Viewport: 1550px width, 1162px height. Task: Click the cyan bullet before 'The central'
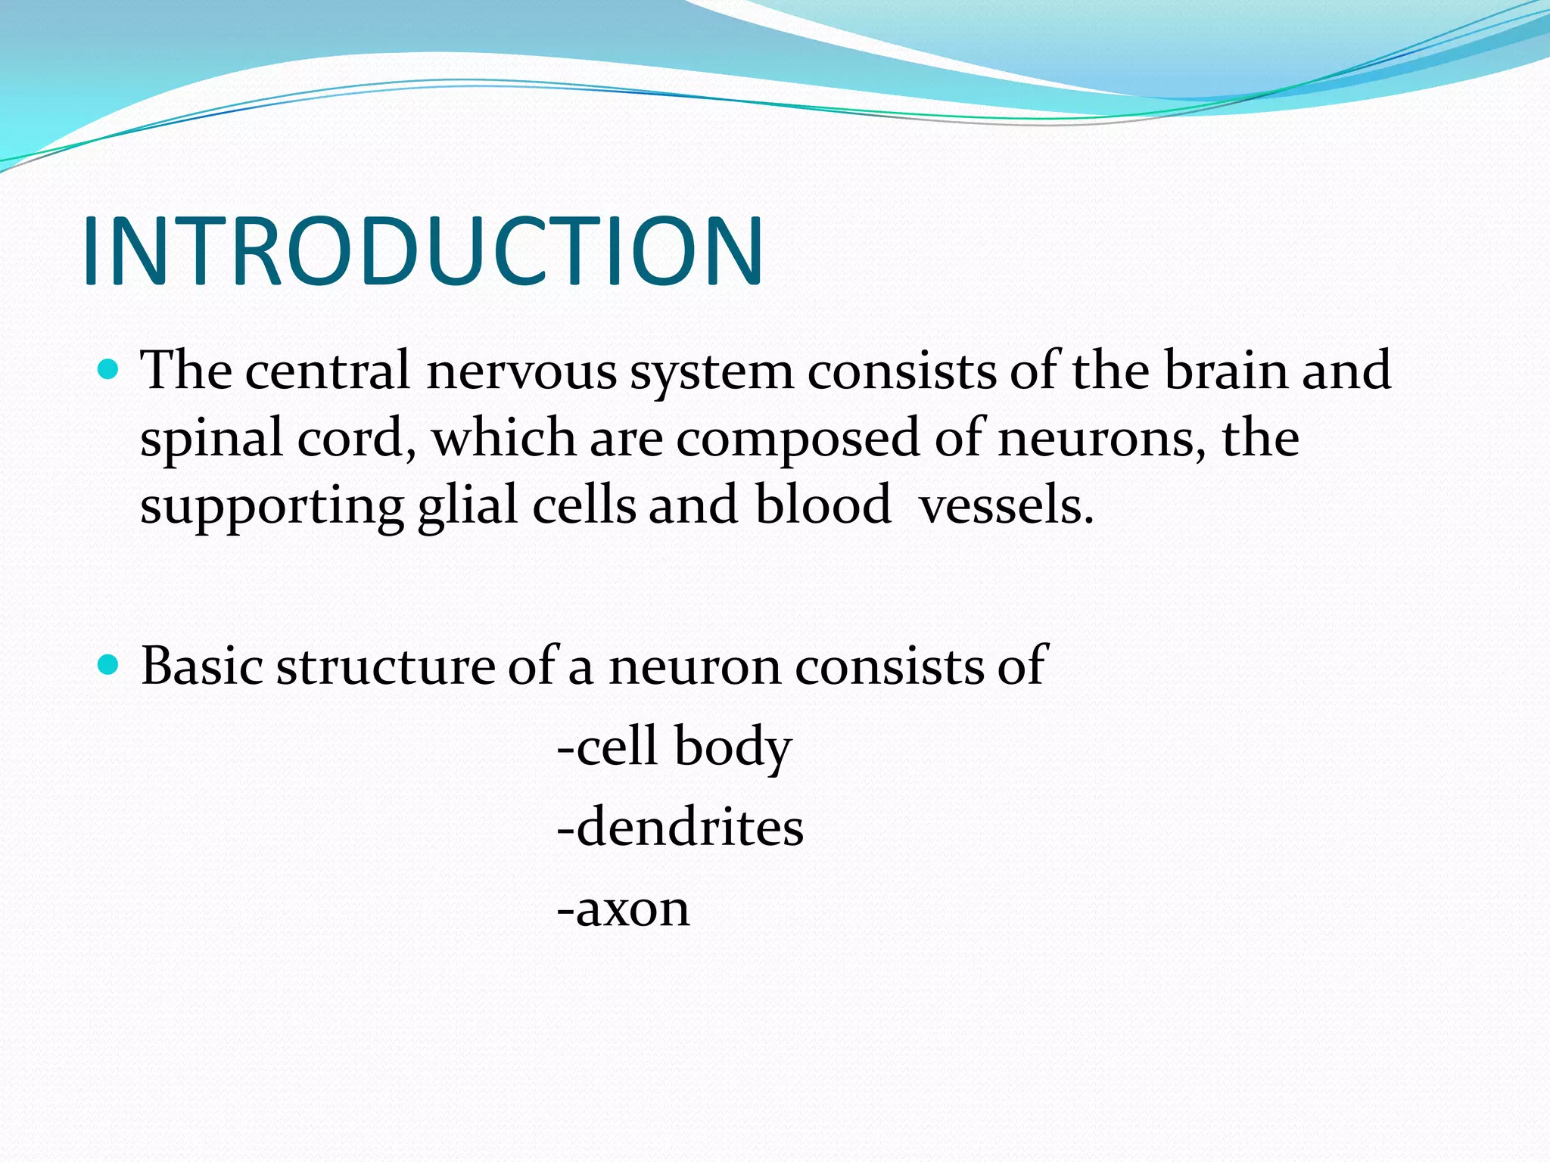pyautogui.click(x=109, y=369)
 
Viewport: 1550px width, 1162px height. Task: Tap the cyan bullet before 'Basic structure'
pyautogui.click(x=109, y=665)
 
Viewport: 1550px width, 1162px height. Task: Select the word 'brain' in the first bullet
pyautogui.click(x=1225, y=371)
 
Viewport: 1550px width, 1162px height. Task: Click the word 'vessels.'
pyautogui.click(x=1006, y=505)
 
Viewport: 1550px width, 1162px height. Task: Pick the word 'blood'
pyautogui.click(x=823, y=505)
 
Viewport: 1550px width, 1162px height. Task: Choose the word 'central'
pyautogui.click(x=327, y=371)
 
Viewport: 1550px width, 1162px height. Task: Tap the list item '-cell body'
pyautogui.click(x=674, y=747)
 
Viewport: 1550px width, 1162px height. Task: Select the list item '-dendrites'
pyautogui.click(x=680, y=827)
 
